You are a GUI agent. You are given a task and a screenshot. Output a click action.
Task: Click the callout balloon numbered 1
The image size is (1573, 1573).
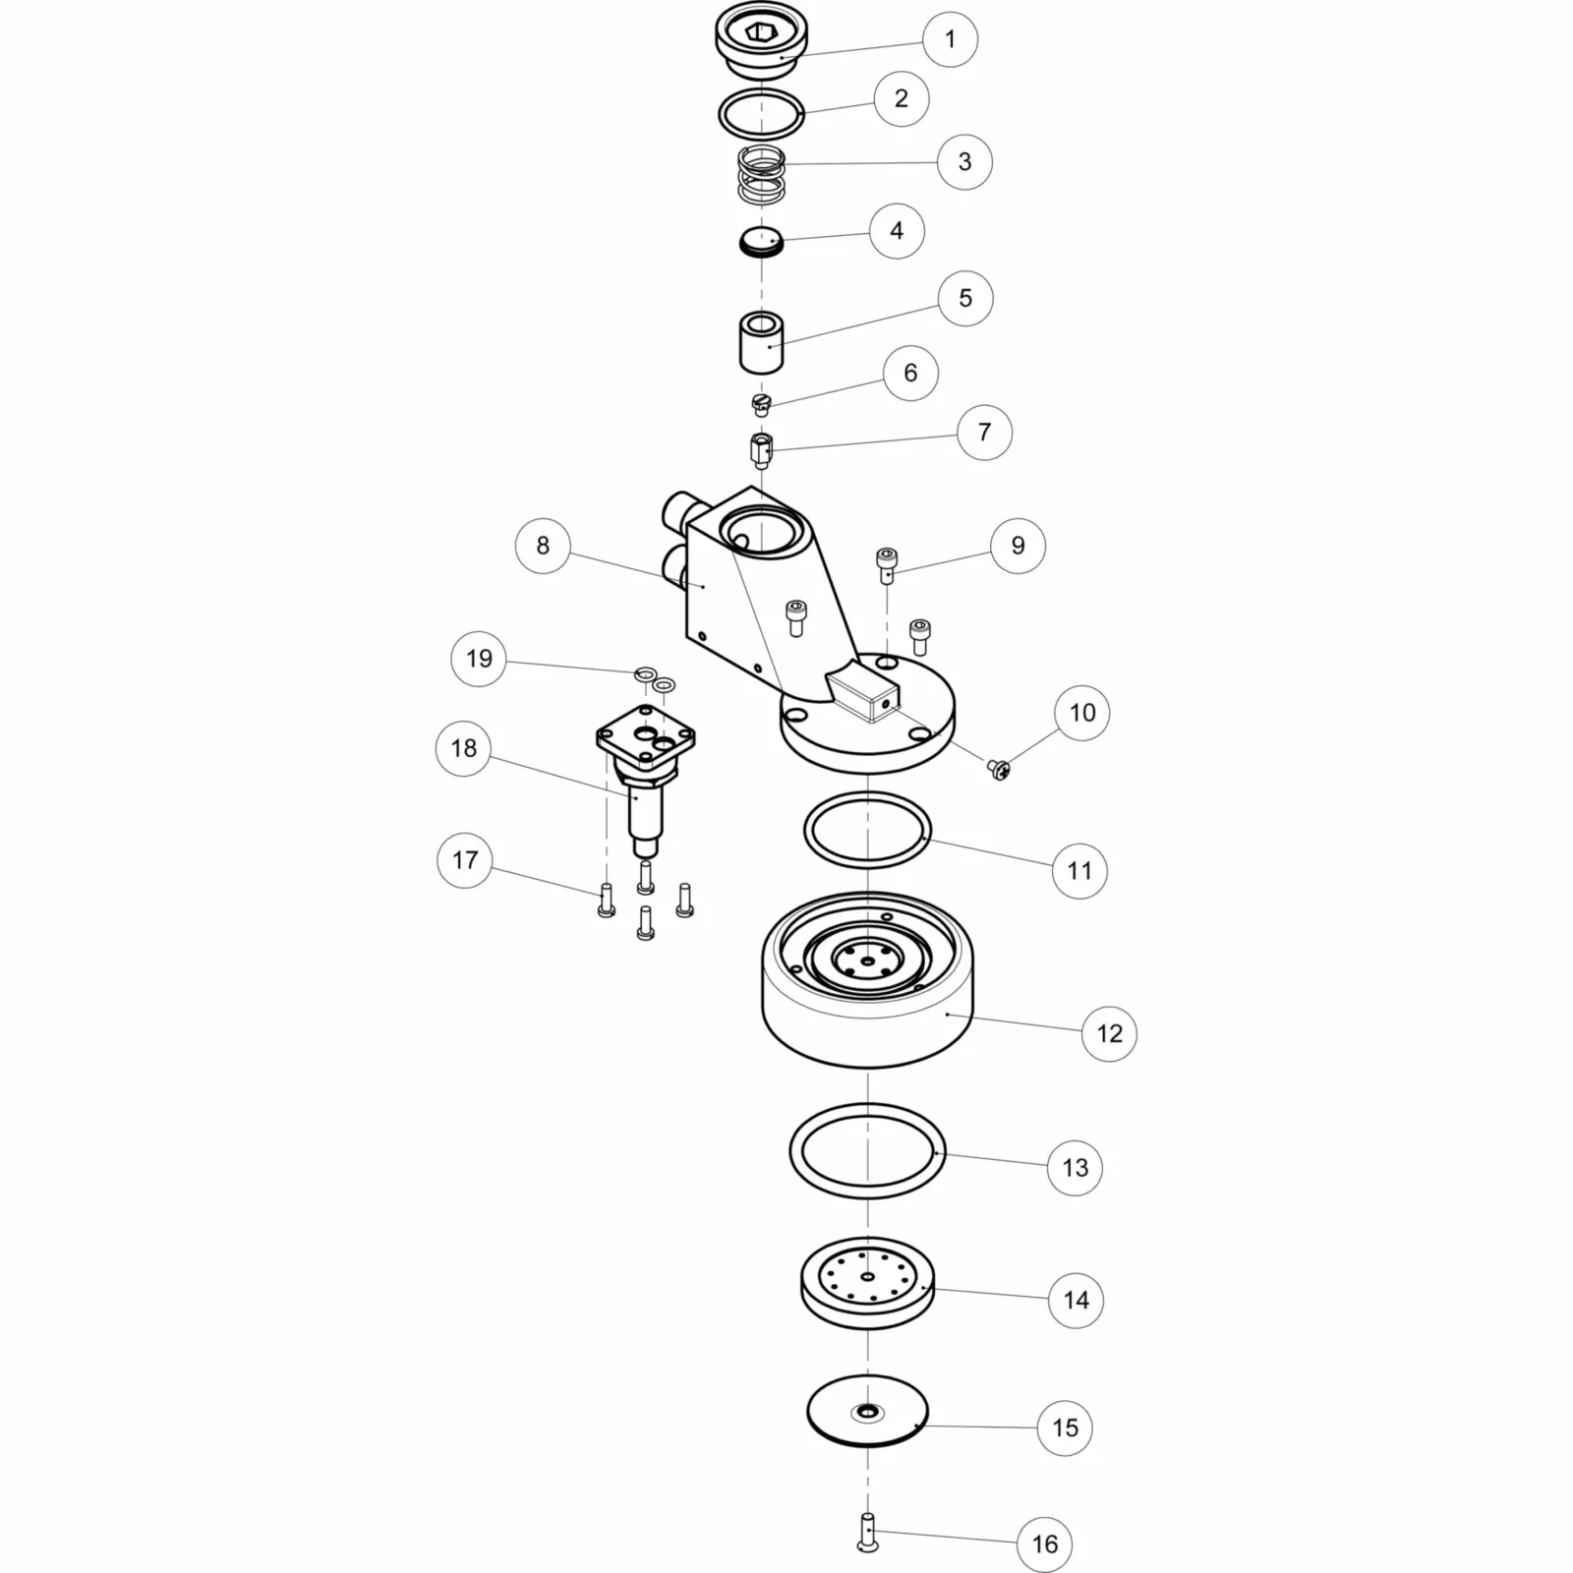(950, 39)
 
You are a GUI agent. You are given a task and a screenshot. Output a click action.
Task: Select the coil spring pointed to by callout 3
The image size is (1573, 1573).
(762, 174)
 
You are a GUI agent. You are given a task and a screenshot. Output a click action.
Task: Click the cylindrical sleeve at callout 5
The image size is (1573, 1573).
(761, 342)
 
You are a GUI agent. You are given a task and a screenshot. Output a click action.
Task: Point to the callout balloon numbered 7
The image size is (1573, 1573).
(984, 432)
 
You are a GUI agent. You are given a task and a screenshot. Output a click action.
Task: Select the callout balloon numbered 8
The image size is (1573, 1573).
(543, 546)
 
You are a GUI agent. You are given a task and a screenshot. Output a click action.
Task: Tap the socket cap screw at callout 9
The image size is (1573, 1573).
(887, 562)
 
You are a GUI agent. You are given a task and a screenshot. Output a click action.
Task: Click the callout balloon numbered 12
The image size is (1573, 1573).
(1109, 1033)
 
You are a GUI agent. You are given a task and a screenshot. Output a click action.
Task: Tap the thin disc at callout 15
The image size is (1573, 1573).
(867, 1411)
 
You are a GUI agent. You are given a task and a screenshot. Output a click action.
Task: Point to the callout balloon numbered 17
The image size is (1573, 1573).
(464, 860)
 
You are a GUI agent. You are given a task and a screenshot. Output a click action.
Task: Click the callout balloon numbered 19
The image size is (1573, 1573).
(479, 658)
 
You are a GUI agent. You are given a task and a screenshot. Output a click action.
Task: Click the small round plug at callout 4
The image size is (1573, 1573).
(761, 242)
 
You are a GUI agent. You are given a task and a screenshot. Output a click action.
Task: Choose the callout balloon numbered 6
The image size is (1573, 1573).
(910, 373)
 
